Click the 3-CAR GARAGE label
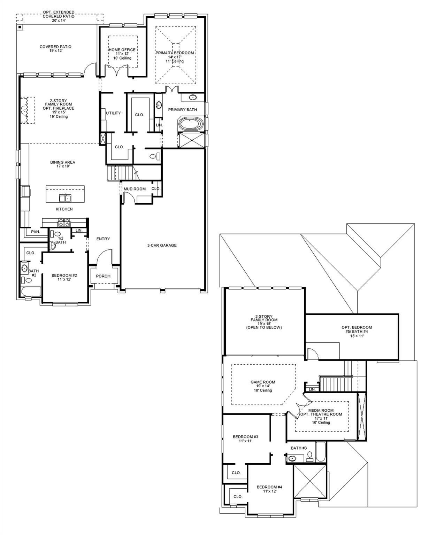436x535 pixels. [162, 245]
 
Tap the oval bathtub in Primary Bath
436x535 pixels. [191, 124]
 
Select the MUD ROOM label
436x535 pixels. [135, 189]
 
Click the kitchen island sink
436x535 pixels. [65, 199]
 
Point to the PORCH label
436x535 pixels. [103, 276]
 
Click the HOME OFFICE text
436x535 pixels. [122, 50]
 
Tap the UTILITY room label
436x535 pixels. [113, 113]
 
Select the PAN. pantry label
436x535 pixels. [35, 232]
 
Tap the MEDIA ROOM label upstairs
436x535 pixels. [321, 410]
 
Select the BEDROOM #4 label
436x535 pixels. [269, 487]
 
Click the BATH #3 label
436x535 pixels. [299, 448]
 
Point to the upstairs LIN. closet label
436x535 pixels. [312, 389]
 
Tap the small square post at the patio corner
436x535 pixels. [20, 27]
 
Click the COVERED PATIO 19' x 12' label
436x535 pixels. [55, 47]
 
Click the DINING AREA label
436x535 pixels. [62, 162]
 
